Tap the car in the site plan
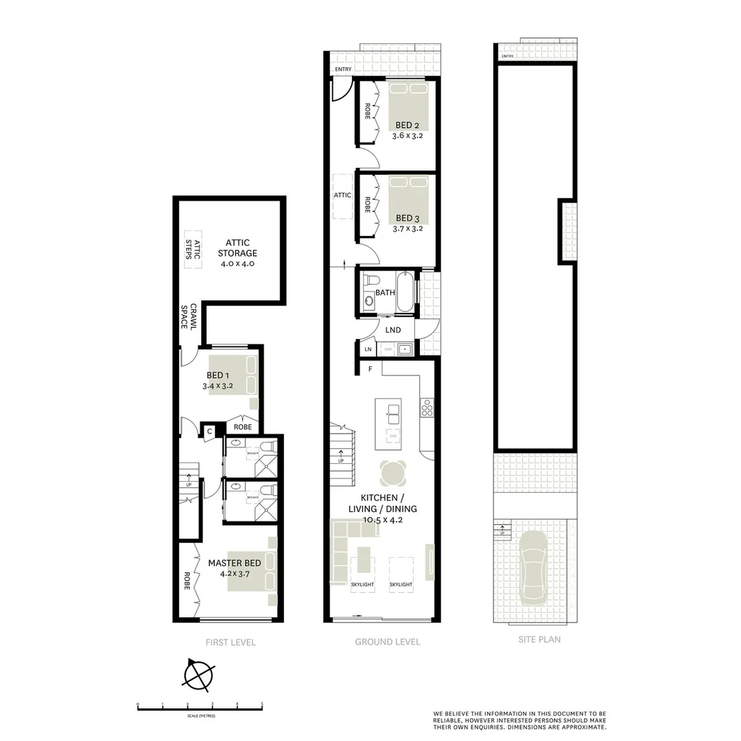(534, 565)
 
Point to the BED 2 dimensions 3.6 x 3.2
(408, 136)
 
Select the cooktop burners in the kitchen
(427, 409)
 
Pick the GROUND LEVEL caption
(388, 642)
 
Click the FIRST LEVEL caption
(231, 642)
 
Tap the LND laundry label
(393, 330)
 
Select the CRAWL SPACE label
(189, 316)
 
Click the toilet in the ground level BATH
(370, 281)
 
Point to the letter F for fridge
(370, 369)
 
